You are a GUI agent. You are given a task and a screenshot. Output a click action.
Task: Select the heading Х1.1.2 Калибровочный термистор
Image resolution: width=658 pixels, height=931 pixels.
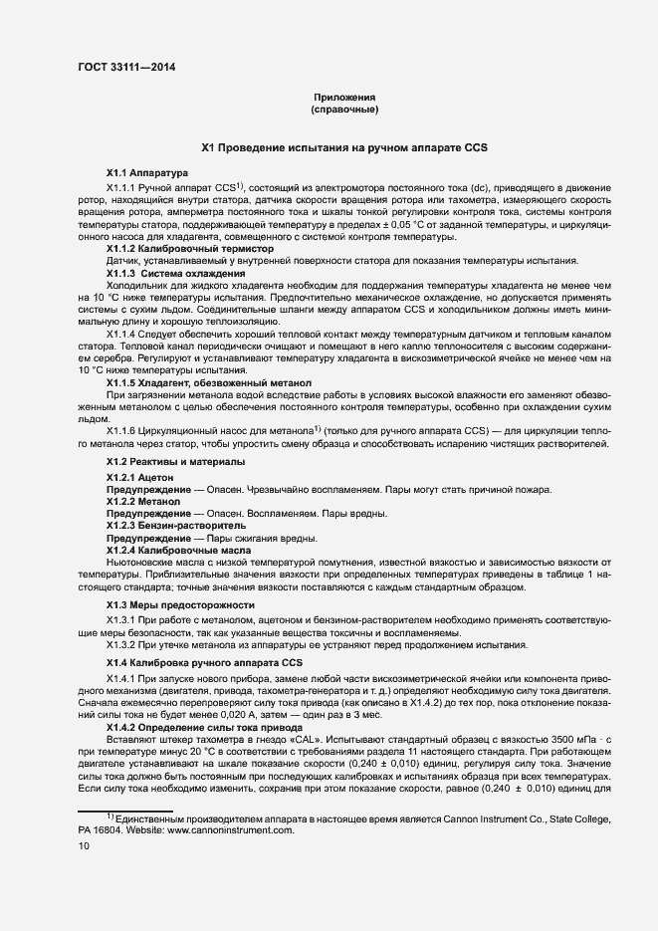(x=190, y=248)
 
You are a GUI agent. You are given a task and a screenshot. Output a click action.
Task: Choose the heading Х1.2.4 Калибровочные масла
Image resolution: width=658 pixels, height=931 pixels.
(x=179, y=550)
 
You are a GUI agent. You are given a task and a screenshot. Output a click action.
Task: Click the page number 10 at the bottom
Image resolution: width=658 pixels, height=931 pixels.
(x=84, y=845)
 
